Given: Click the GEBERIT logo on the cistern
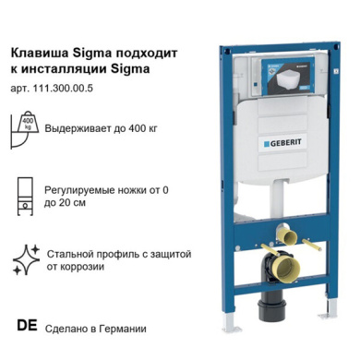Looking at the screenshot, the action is pyautogui.click(x=282, y=143).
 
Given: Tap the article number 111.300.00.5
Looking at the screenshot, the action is pyautogui.click(x=65, y=89).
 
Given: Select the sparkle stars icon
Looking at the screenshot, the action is pyautogui.click(x=27, y=259).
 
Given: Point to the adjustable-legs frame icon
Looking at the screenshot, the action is pyautogui.click(x=25, y=197).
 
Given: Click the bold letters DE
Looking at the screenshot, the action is pyautogui.click(x=27, y=326).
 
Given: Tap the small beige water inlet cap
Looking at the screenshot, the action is pyautogui.click(x=286, y=236).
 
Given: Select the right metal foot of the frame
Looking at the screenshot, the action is pyautogui.click(x=329, y=308).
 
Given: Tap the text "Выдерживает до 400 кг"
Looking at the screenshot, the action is pyautogui.click(x=101, y=128).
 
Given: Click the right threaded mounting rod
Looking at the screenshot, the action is pyautogui.click(x=311, y=245).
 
